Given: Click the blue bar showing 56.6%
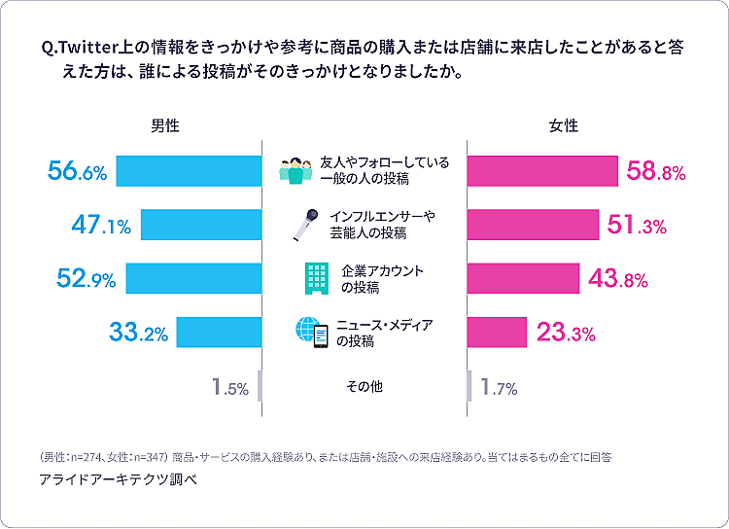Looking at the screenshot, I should [x=189, y=171].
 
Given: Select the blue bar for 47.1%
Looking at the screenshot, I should [x=201, y=225].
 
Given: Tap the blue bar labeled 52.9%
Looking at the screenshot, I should [x=193, y=278].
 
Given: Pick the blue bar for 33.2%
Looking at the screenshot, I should [x=219, y=333].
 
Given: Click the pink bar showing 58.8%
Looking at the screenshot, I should [x=542, y=171].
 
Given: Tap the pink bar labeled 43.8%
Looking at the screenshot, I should [x=523, y=278].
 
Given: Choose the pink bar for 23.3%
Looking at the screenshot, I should [x=497, y=333].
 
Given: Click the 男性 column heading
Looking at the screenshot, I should [x=165, y=126].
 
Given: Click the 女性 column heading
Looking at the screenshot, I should [x=564, y=126].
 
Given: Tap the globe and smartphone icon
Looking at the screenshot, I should [x=312, y=333].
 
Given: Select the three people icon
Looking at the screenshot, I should [x=296, y=171].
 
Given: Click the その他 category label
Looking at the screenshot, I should [x=364, y=387].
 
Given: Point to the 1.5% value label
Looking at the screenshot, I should [x=230, y=387].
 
